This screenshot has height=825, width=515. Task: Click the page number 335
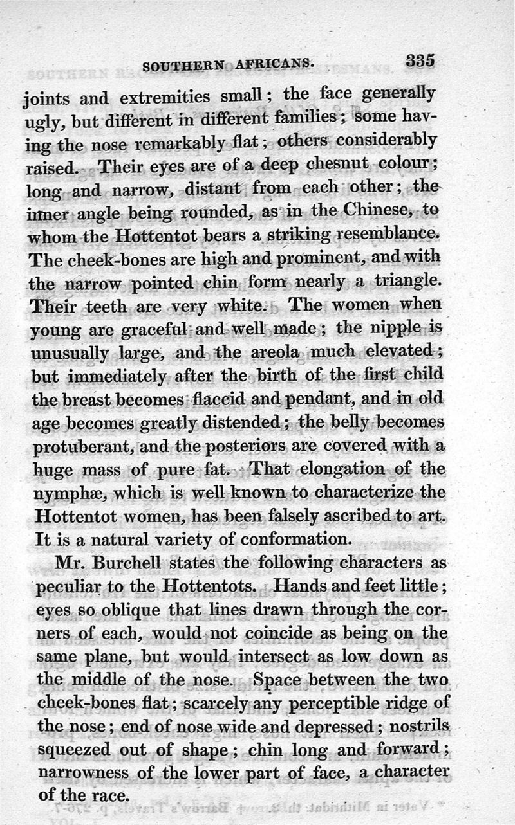420,61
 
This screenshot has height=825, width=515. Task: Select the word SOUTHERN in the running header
182,66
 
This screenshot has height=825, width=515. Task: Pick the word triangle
404,280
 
